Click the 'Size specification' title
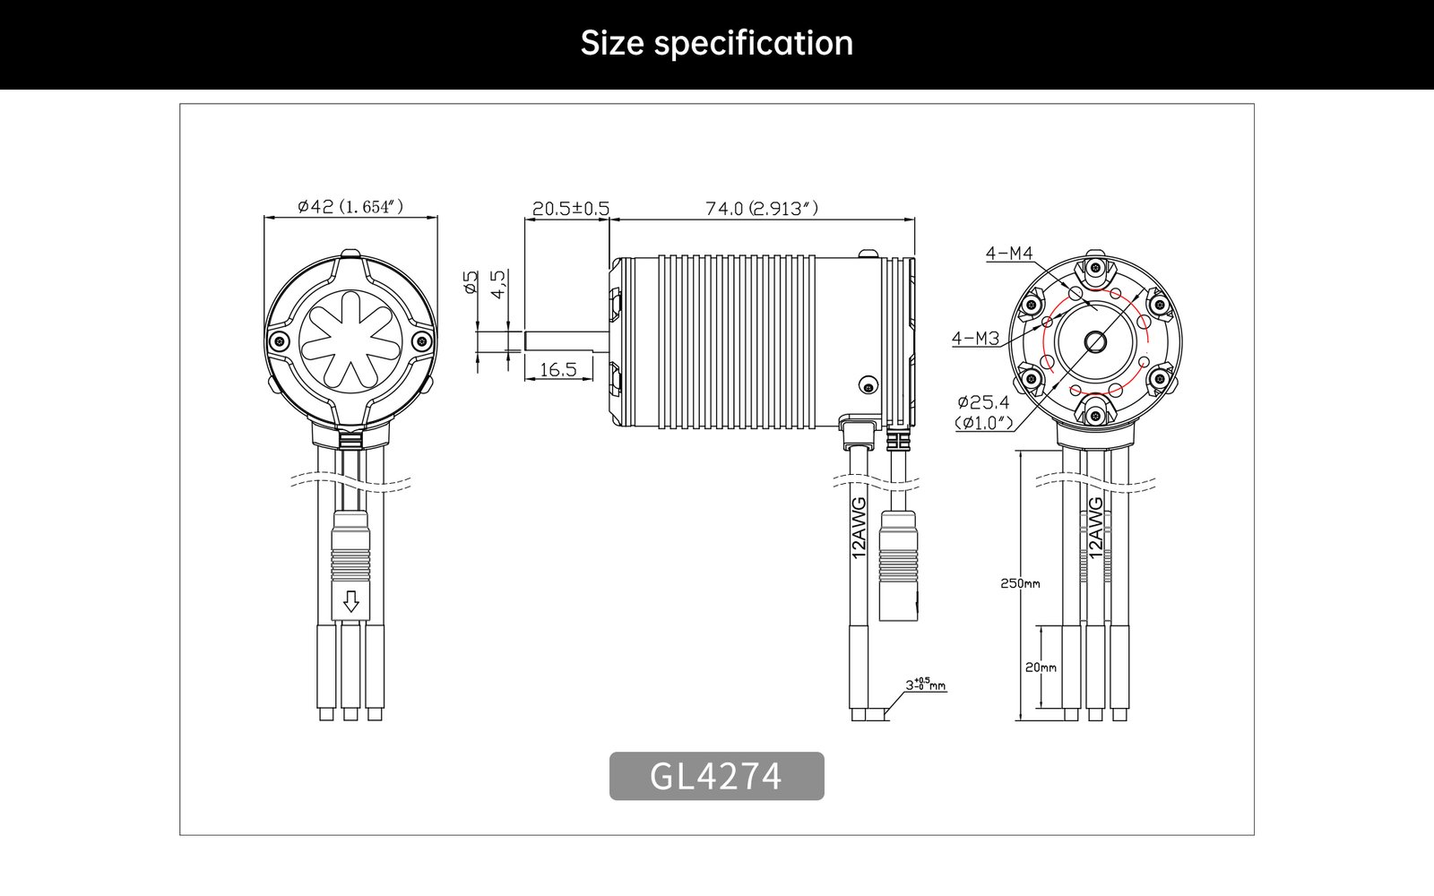click(x=716, y=44)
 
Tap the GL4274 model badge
click(x=716, y=776)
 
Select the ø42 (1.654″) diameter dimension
click(x=350, y=207)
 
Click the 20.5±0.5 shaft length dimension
click(x=570, y=209)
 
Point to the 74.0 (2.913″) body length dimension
click(x=761, y=209)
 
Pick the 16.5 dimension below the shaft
click(x=558, y=370)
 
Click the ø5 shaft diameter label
click(x=471, y=281)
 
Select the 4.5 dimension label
click(x=497, y=284)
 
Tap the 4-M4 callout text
click(x=1009, y=254)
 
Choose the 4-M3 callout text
click(x=976, y=338)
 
